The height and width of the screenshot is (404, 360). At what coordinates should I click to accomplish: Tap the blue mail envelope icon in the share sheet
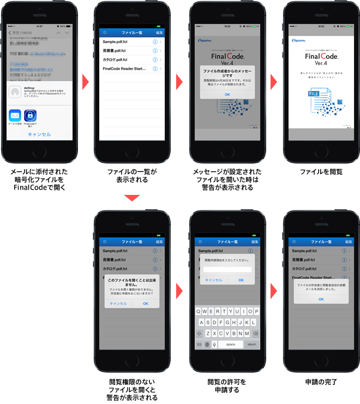pos(15,115)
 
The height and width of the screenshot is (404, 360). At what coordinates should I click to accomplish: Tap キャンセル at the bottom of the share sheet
pos(39,134)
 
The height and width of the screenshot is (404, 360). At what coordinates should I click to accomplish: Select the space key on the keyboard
pos(230,344)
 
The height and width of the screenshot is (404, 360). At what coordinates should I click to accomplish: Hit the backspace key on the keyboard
pos(256,333)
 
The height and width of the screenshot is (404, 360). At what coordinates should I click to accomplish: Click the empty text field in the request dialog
pos(227,270)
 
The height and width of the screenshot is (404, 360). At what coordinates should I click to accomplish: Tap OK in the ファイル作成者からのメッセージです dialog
pos(227,94)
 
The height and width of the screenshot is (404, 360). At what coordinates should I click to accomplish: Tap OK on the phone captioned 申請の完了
pos(321,299)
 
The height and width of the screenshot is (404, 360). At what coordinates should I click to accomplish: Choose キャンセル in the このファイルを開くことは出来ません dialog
pos(118,303)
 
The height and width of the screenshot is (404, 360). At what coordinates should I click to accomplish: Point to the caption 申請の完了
pos(321,382)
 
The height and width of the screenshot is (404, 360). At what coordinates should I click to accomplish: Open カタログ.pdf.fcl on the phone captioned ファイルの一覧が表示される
pos(115,60)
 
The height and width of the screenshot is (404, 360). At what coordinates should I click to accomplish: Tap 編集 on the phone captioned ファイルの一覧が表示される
pos(159,33)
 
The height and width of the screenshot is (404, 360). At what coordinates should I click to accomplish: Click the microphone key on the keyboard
pos(214,344)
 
